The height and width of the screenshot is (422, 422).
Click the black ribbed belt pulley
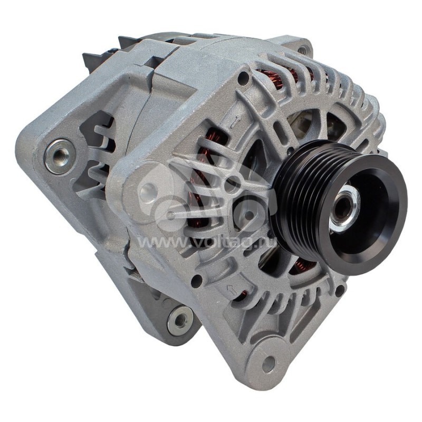click(339, 207)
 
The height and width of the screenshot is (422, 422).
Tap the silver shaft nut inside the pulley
click(345, 208)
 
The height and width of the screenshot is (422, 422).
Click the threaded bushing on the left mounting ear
click(60, 156)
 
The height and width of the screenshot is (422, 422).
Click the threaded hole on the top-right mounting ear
click(302, 50)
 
